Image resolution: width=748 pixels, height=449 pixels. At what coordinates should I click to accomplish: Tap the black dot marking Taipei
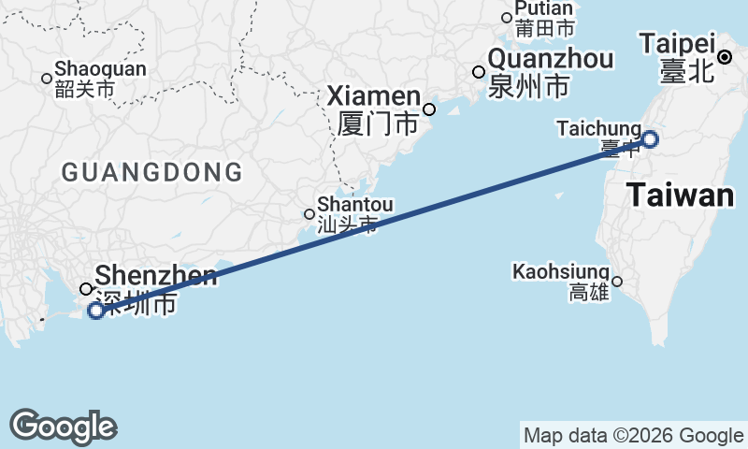click(725, 58)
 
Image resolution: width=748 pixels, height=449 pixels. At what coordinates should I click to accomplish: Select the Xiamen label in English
click(374, 96)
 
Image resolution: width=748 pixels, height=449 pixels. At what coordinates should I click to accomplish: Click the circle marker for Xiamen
click(429, 109)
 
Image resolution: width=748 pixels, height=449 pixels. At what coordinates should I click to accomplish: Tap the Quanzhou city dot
click(479, 72)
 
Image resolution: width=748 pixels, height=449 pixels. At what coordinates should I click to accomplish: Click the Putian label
click(543, 8)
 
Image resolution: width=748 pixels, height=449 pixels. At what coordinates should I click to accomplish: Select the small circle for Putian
click(507, 17)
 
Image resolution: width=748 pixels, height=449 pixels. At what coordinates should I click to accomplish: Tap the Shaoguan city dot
click(47, 78)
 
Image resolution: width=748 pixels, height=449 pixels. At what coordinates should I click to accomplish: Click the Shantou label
click(355, 204)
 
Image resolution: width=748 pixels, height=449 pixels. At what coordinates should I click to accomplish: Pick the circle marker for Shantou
click(309, 214)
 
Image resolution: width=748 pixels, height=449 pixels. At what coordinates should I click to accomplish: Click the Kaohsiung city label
click(561, 272)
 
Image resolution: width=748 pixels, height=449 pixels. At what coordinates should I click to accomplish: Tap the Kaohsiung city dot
click(617, 281)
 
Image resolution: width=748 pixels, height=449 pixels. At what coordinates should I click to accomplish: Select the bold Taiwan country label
click(680, 196)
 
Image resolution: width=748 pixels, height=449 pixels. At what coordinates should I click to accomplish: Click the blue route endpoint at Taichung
click(650, 139)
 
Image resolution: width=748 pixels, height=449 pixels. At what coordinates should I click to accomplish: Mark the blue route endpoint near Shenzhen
click(95, 311)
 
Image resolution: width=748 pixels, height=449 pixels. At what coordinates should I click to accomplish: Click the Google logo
click(63, 427)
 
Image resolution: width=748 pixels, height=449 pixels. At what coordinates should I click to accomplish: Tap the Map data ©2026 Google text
click(633, 435)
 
